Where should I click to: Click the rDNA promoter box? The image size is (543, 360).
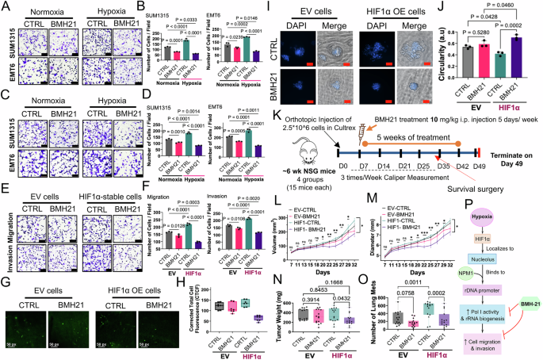(x=492, y=290)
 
